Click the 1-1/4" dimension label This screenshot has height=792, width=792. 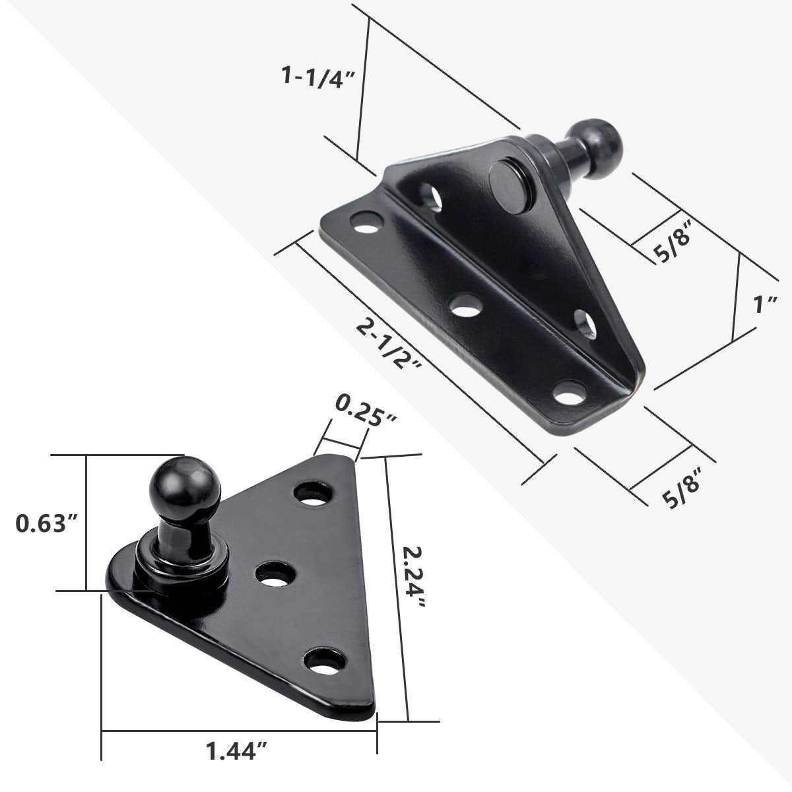319,77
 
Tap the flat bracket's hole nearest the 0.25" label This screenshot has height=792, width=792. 314,494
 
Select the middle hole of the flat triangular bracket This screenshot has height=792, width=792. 274,574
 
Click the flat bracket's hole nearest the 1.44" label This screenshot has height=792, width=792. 328,661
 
